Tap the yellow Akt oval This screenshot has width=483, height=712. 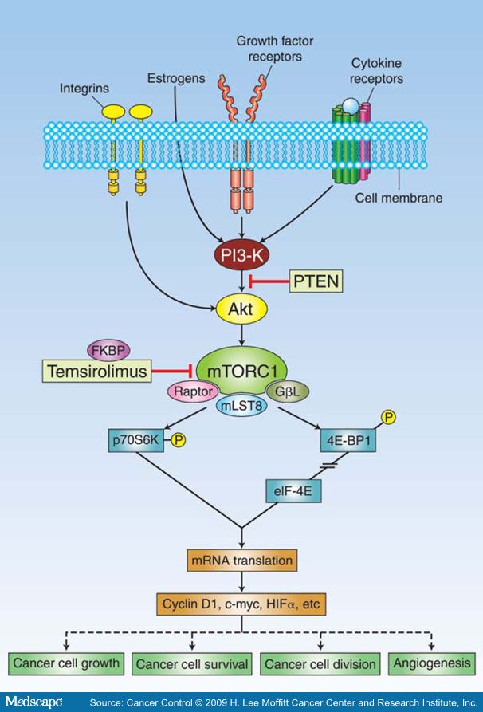[241, 308]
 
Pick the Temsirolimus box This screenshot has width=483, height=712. [97, 371]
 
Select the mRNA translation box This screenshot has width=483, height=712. [241, 561]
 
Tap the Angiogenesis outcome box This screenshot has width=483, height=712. [431, 663]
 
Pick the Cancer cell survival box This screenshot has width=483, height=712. [191, 663]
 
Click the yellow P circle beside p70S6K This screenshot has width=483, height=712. [177, 439]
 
